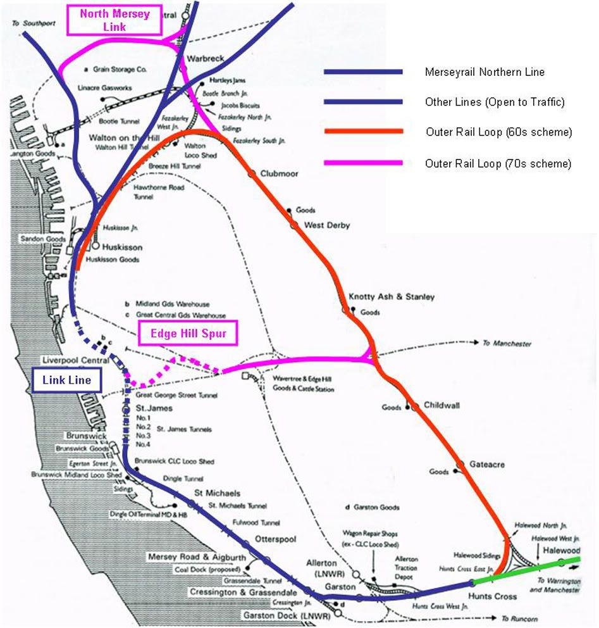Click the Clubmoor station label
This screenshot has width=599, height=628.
pyautogui.click(x=279, y=173)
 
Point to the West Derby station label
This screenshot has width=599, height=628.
pyautogui.click(x=327, y=225)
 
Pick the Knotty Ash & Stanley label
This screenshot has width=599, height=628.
pyautogui.click(x=392, y=296)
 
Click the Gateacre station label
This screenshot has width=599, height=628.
pyautogui.click(x=487, y=464)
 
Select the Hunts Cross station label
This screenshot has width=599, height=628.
pyautogui.click(x=492, y=596)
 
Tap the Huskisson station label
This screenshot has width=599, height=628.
pyautogui.click(x=122, y=247)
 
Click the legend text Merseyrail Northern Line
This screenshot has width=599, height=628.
pyautogui.click(x=484, y=72)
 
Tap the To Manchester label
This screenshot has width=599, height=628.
pyautogui.click(x=507, y=343)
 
